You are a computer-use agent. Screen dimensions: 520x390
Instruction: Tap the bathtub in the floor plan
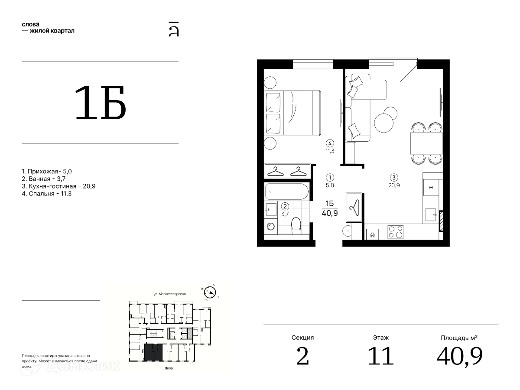(x=287, y=192)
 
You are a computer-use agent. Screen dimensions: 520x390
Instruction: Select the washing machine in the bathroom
(x=270, y=227)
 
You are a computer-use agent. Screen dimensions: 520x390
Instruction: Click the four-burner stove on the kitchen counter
(x=395, y=231)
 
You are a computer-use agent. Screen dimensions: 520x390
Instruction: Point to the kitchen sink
(x=430, y=215)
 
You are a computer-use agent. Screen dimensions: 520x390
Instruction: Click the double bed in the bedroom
(x=292, y=113)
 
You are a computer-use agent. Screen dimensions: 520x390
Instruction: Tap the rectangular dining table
(x=426, y=143)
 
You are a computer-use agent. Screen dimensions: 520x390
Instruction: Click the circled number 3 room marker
(x=394, y=177)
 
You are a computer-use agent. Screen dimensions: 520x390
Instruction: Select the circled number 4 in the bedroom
(x=330, y=143)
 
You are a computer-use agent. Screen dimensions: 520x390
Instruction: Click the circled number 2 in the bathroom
(x=285, y=206)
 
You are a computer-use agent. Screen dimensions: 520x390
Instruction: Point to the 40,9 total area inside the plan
(x=330, y=213)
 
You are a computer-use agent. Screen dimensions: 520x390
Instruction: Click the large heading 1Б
(x=100, y=103)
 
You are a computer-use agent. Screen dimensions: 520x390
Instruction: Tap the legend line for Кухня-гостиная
(x=58, y=186)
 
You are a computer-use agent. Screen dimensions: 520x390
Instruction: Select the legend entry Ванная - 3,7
(x=44, y=179)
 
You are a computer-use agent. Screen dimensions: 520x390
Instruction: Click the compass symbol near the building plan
(x=210, y=292)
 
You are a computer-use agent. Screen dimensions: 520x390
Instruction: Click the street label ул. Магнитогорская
(x=169, y=294)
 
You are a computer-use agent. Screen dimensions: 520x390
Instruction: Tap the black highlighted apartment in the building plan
(x=153, y=352)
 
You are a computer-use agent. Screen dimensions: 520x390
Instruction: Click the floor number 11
(x=380, y=356)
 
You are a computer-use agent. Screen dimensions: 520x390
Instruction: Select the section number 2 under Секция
(x=302, y=356)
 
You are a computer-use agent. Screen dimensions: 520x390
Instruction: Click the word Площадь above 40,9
(x=452, y=338)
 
